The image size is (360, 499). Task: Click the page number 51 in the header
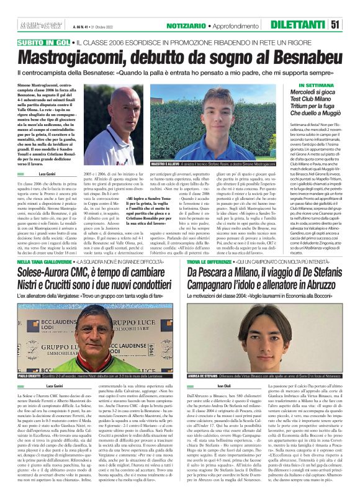click(351, 24)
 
